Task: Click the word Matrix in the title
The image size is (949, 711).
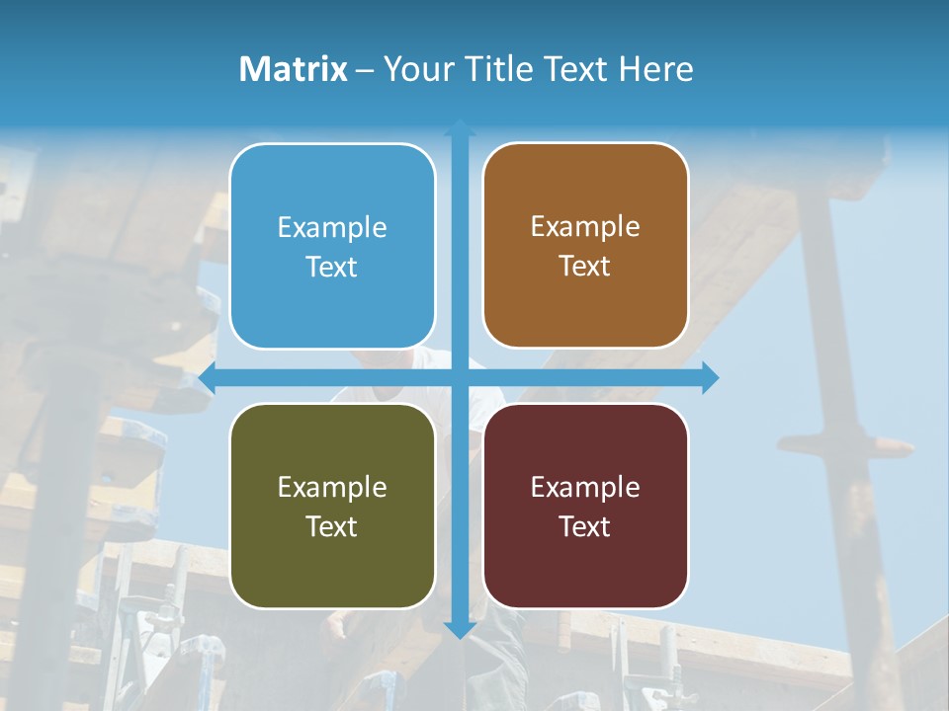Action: (293, 69)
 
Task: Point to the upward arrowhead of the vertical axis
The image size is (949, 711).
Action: (460, 127)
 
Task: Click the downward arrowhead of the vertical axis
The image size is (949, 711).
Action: (460, 629)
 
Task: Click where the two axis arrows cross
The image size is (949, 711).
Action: (460, 377)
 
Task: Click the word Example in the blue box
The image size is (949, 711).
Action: (332, 228)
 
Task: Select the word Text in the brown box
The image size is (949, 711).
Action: (585, 267)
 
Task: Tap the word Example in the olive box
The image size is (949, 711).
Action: (332, 488)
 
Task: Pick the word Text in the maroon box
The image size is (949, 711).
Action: (585, 527)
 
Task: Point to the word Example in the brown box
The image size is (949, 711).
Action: (585, 227)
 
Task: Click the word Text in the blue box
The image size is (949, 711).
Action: (332, 268)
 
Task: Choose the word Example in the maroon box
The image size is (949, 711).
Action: (585, 488)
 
